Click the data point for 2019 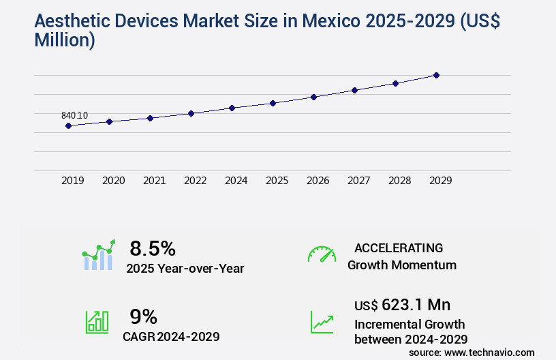pyautogui.click(x=68, y=125)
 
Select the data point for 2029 pyautogui.click(x=436, y=75)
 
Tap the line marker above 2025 pyautogui.click(x=273, y=103)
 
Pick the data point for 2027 pyautogui.click(x=354, y=90)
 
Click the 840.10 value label pyautogui.click(x=74, y=115)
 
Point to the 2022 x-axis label pyautogui.click(x=195, y=181)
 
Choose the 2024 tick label pyautogui.click(x=236, y=181)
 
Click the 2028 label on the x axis pyautogui.click(x=399, y=181)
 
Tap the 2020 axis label pyautogui.click(x=113, y=181)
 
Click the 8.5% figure pyautogui.click(x=153, y=247)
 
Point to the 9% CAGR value pyautogui.click(x=143, y=316)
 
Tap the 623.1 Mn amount pyautogui.click(x=416, y=304)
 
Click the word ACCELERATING pyautogui.click(x=399, y=247)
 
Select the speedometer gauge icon pyautogui.click(x=322, y=254)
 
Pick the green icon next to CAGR pyautogui.click(x=96, y=322)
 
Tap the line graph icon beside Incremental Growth pyautogui.click(x=322, y=322)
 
